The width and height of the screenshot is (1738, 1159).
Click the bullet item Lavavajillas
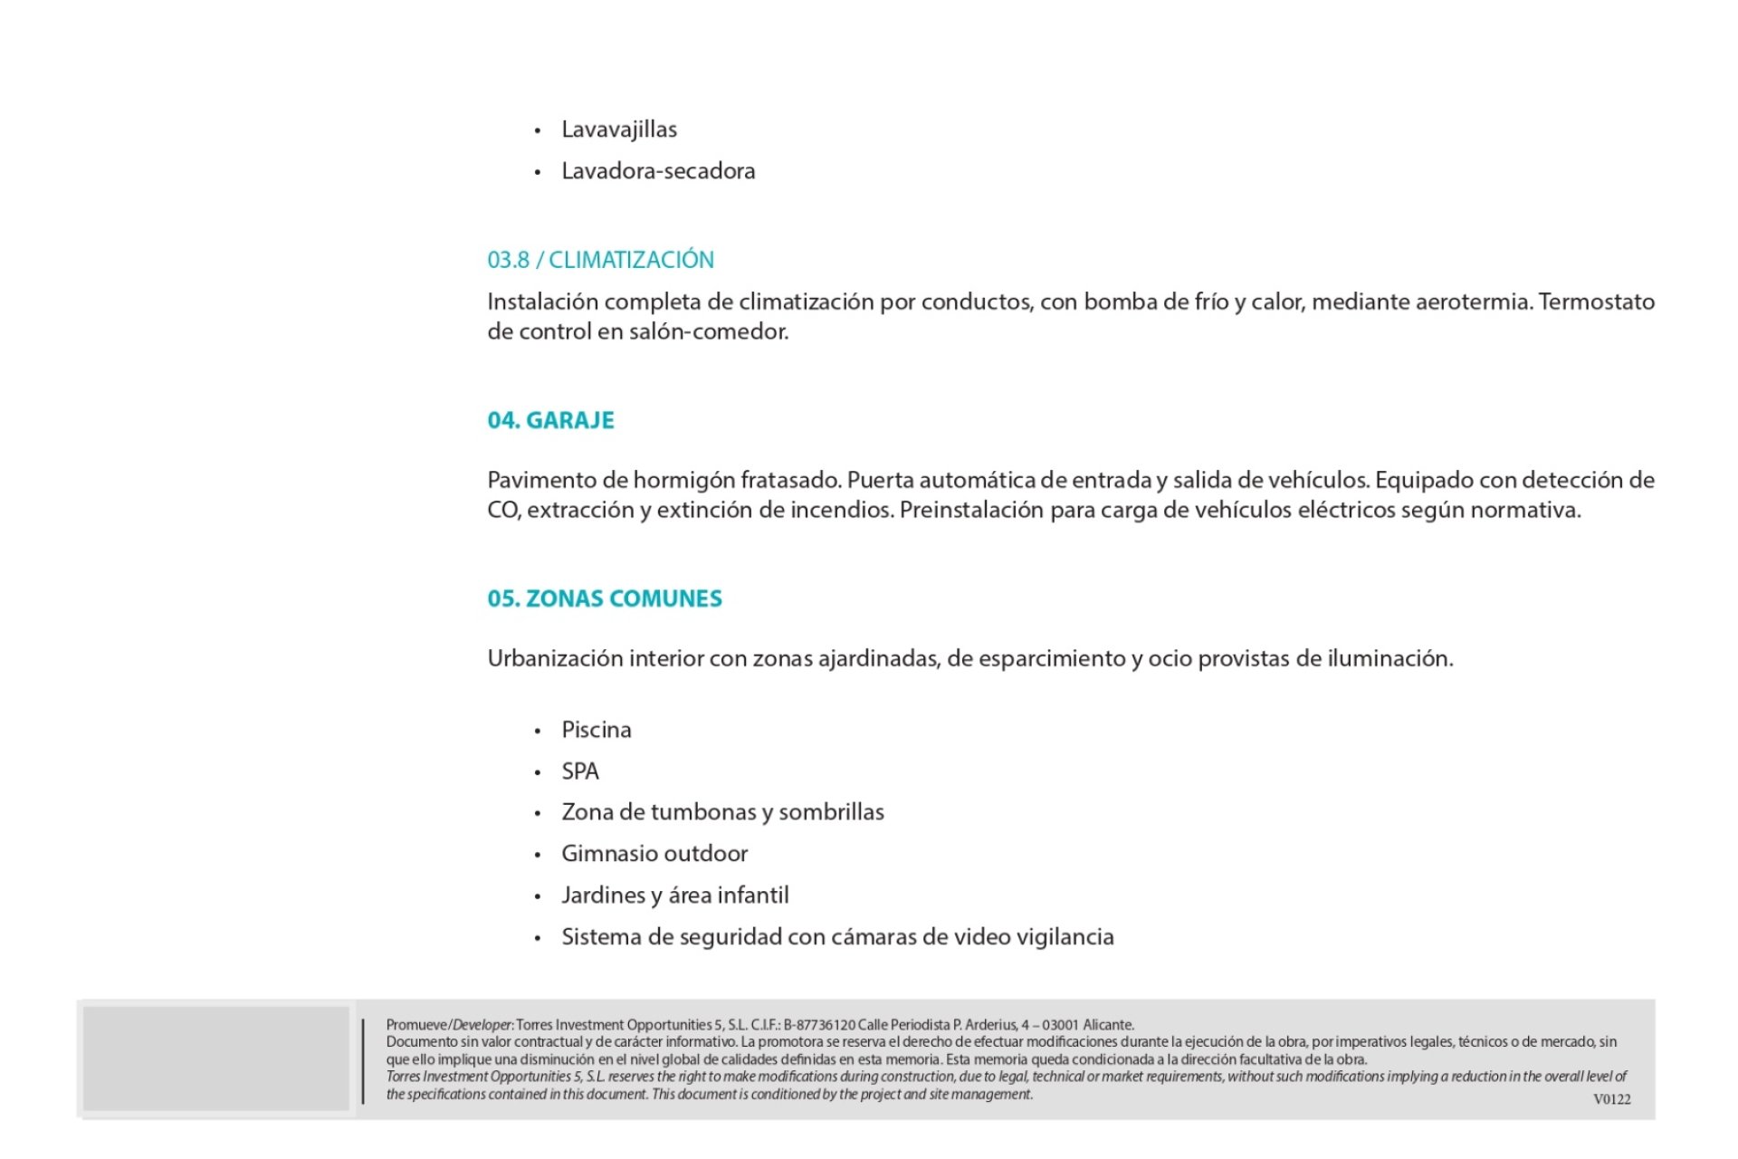619,129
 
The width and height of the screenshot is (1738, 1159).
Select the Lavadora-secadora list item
658,171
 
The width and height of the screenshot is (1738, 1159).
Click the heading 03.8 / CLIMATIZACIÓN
600,260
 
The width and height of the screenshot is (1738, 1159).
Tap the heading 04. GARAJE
550,420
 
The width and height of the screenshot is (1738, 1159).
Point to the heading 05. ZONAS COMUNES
605,599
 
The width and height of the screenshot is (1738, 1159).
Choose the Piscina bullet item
596,730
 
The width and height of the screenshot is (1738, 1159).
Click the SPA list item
580,771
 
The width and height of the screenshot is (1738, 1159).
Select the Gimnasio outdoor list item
654,854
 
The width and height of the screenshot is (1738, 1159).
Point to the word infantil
753,896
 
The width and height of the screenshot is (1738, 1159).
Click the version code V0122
1611,1099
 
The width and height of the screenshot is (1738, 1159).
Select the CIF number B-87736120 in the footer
819,1025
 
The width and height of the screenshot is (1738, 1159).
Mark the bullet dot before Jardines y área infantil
538,897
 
